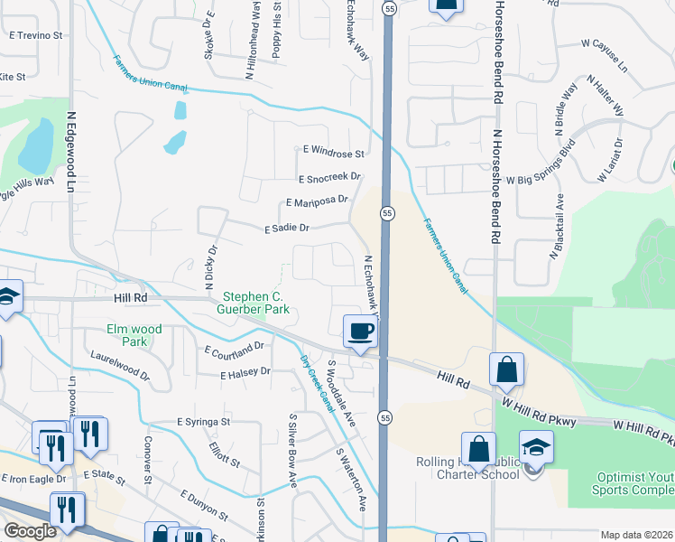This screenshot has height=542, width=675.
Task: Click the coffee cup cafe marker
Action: click(361, 331)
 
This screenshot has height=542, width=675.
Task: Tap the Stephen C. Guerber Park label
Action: click(257, 303)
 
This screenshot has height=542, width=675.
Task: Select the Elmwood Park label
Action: click(134, 335)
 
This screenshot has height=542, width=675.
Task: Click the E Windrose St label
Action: click(333, 154)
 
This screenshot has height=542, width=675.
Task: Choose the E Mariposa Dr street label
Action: click(316, 201)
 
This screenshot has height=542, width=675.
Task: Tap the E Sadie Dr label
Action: click(288, 229)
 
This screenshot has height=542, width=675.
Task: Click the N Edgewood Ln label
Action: click(70, 153)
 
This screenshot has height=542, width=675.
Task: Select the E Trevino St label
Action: click(35, 36)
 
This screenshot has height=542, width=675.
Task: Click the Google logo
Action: click(29, 531)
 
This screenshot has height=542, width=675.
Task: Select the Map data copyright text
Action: click(636, 535)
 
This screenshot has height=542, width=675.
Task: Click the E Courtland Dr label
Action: click(234, 347)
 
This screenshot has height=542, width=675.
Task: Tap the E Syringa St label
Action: click(204, 422)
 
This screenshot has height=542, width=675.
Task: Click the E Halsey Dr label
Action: click(239, 371)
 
